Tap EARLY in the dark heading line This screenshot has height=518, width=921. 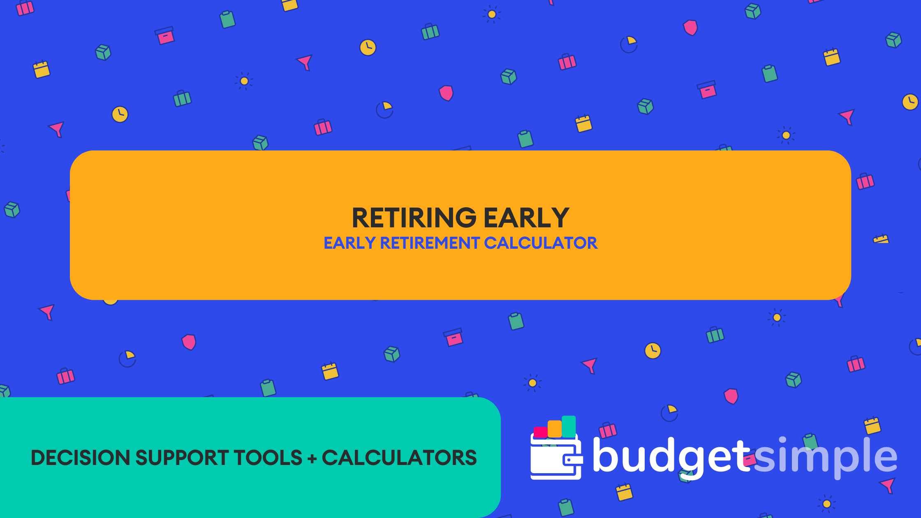526,218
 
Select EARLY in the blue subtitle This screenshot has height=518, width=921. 349,243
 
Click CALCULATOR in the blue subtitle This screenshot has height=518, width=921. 541,243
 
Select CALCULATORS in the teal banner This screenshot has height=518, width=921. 399,458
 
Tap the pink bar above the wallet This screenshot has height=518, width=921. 540,432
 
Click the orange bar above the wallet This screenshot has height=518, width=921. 555,429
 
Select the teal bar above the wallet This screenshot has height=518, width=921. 569,426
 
